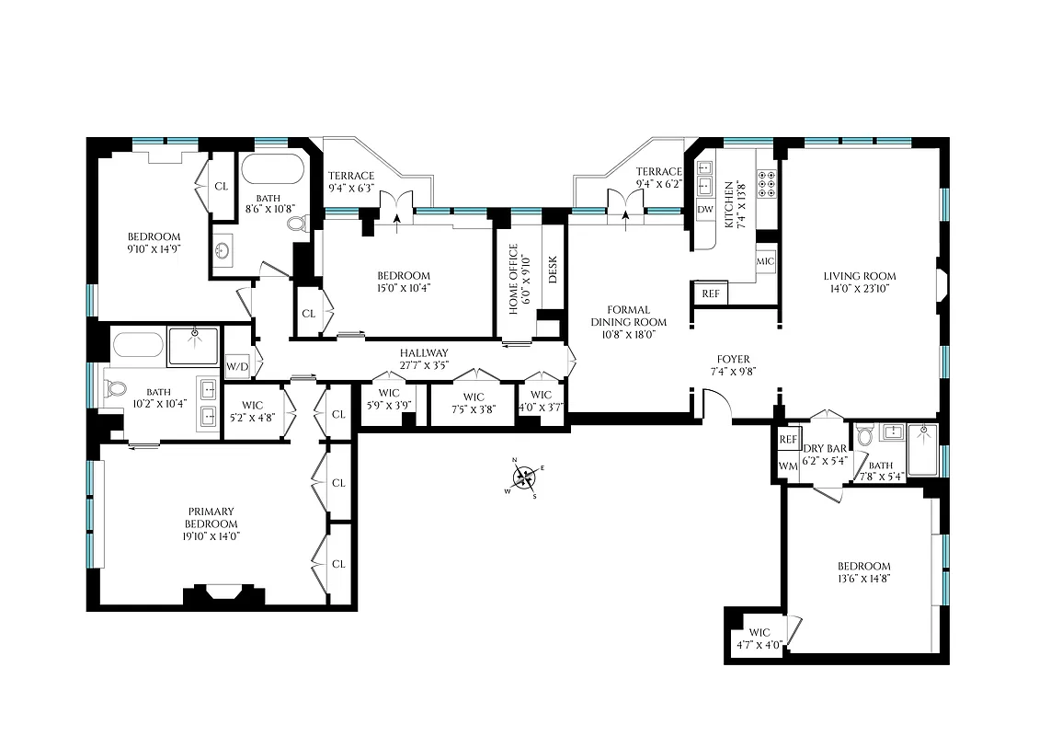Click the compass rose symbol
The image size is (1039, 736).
coord(524,477)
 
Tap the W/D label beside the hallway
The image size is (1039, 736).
coord(237,366)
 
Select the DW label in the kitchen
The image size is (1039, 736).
coord(705,210)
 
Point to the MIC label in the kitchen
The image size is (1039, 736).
coord(766,261)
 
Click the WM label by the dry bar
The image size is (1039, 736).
coord(788,466)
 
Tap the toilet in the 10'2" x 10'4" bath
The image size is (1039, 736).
coord(116,390)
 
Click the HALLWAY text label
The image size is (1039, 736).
coord(424,353)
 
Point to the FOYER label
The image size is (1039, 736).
coord(734,359)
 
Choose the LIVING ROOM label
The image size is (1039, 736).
coord(859,276)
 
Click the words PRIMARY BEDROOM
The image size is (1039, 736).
coord(211,518)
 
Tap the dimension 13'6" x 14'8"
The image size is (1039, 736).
coord(863,579)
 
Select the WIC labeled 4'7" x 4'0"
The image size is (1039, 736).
coord(759,638)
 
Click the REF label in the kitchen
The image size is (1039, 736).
coord(711,294)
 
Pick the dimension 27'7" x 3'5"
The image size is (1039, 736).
coord(424,365)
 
